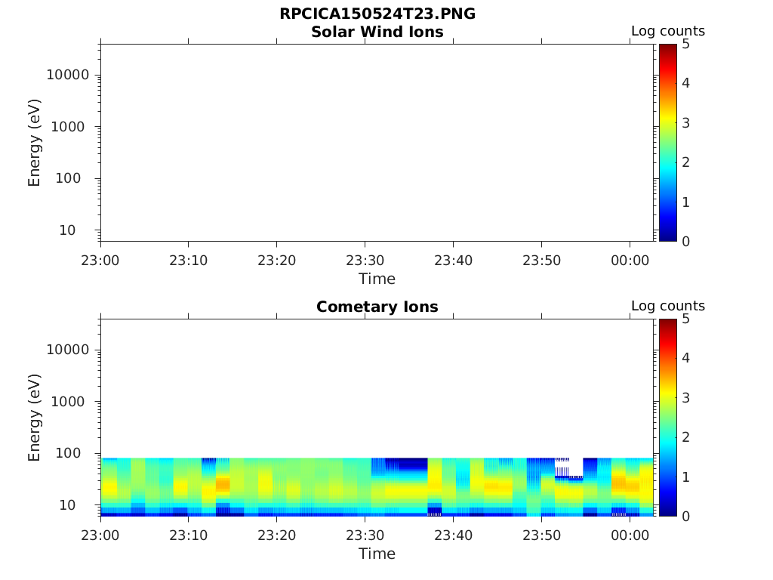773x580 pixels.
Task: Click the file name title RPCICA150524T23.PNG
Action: click(377, 14)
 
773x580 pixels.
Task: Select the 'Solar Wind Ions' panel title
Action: click(377, 32)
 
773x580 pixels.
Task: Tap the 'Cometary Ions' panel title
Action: click(377, 307)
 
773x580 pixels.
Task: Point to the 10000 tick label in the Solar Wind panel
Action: click(68, 75)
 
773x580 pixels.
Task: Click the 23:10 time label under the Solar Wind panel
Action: click(189, 261)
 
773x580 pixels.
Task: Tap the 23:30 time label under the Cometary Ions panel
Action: click(365, 535)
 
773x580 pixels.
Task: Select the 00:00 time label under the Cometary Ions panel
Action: click(630, 535)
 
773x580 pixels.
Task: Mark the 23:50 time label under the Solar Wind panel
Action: click(541, 261)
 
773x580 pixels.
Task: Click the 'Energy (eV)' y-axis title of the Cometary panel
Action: click(35, 417)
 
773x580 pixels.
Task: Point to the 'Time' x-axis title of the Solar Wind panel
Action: click(377, 279)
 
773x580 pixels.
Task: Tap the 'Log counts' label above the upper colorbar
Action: click(667, 31)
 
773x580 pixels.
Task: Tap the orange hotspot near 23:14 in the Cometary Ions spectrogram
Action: click(223, 484)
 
